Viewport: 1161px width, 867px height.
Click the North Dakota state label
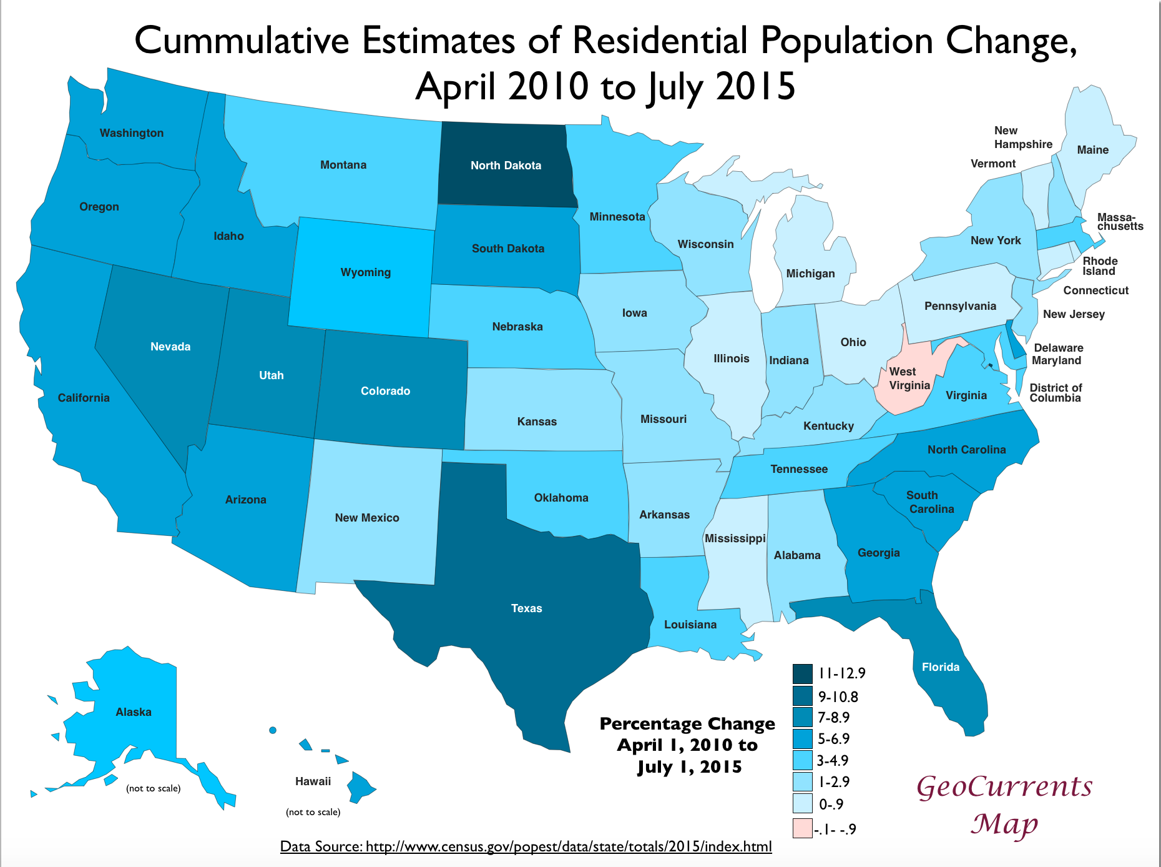pyautogui.click(x=506, y=166)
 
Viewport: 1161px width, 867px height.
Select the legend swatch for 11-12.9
pyautogui.click(x=803, y=673)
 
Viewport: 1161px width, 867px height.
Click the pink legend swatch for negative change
pyautogui.click(x=803, y=828)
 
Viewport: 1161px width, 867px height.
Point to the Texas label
pyautogui.click(x=526, y=608)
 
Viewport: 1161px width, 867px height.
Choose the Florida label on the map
pyautogui.click(x=941, y=667)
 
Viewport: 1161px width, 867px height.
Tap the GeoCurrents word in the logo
pyautogui.click(x=1004, y=786)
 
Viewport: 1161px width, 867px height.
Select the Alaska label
pyautogui.click(x=134, y=712)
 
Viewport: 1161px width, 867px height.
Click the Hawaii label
pyautogui.click(x=313, y=781)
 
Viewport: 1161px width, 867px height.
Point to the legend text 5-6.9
pyautogui.click(x=834, y=739)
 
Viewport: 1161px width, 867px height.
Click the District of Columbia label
pyautogui.click(x=1056, y=393)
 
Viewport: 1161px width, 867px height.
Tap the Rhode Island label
pyautogui.click(x=1100, y=266)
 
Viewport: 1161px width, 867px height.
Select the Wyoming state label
pyautogui.click(x=366, y=272)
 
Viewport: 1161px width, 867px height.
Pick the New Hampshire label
pyautogui.click(x=1023, y=137)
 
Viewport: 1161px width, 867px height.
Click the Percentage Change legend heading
pyautogui.click(x=687, y=724)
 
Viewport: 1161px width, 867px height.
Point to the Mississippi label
pyautogui.click(x=735, y=538)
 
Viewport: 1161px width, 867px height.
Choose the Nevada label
pyautogui.click(x=170, y=347)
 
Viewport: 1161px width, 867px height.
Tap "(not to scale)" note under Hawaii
pyautogui.click(x=313, y=812)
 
